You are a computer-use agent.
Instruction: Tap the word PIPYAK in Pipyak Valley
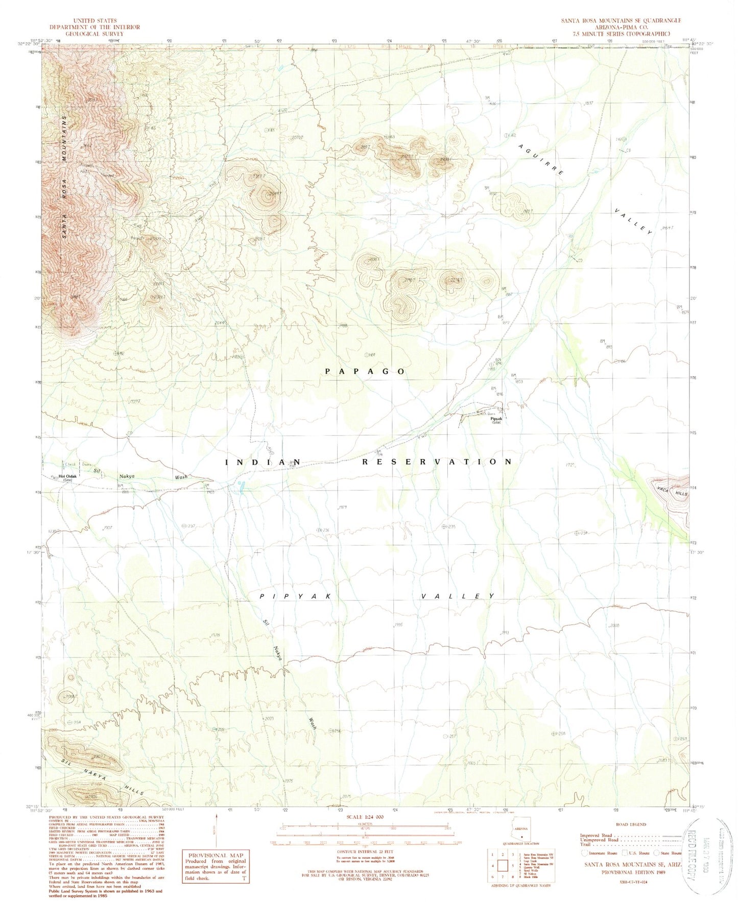pyautogui.click(x=296, y=596)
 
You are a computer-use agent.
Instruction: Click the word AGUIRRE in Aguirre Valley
pyautogui.click(x=541, y=160)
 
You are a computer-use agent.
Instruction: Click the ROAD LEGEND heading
pyautogui.click(x=632, y=824)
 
